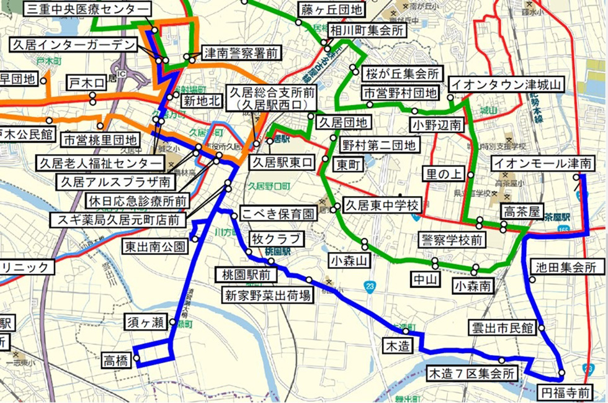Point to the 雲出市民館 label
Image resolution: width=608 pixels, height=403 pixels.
coord(502,328)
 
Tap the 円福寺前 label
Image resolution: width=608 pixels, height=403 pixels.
coord(565,393)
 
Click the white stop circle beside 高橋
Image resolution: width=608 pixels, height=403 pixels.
coord(136,358)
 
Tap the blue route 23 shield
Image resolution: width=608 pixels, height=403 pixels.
coord(370,286)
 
